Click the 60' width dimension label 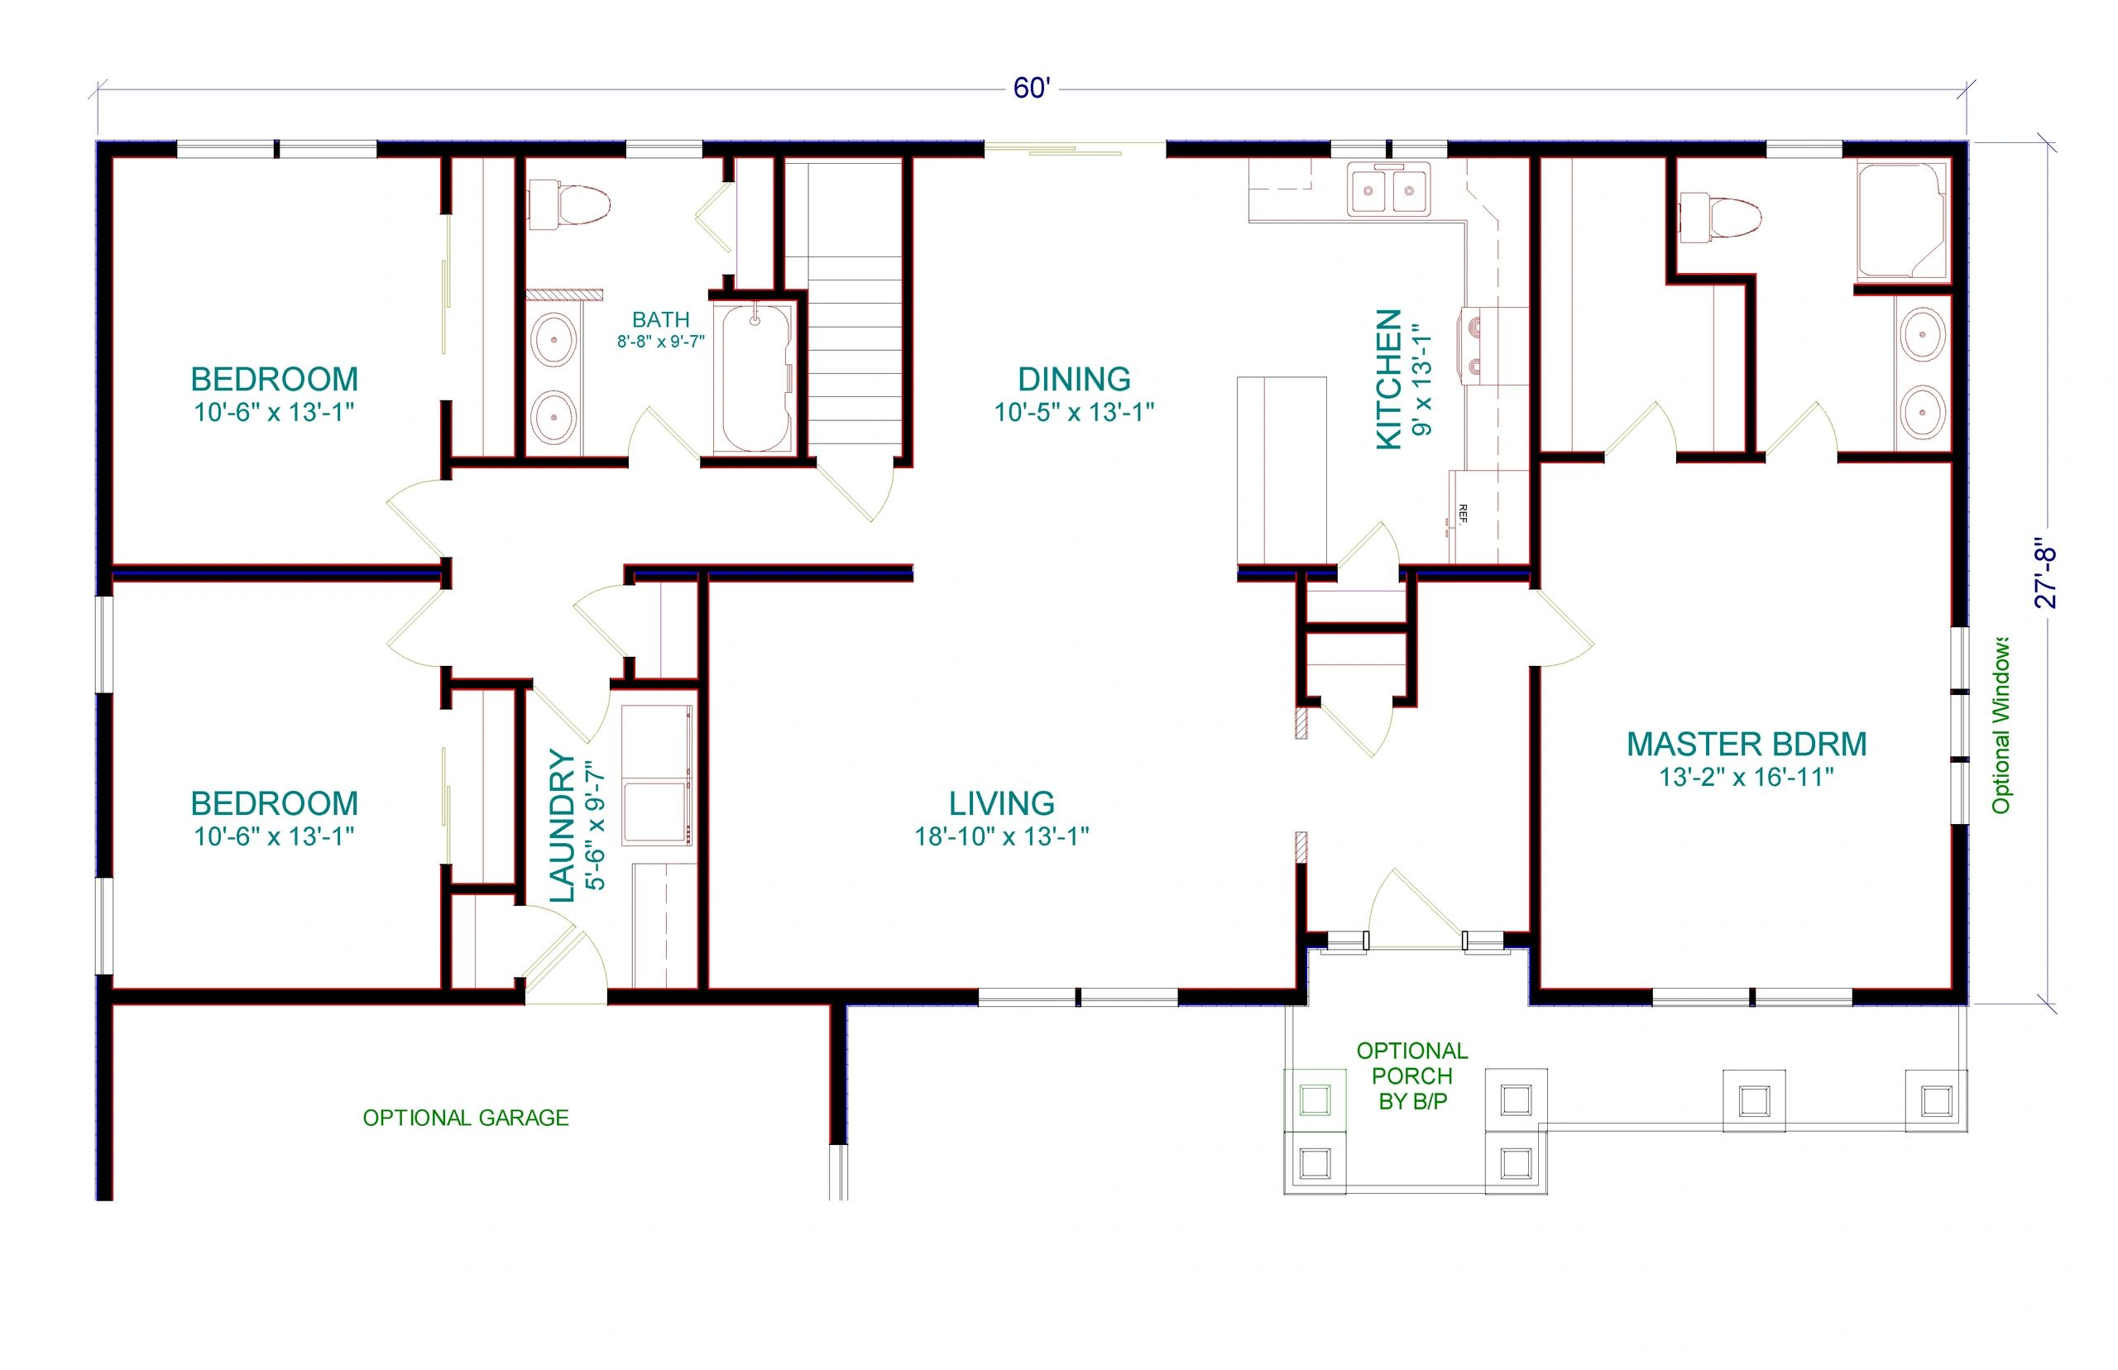coord(1031,88)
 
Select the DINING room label coord(1074,379)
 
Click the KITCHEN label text coord(1388,379)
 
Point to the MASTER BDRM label coord(1747,744)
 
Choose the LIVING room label coord(1002,803)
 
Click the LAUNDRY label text coord(563,826)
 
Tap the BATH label coord(661,319)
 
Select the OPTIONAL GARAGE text coord(465,1118)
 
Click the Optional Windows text coord(2001,724)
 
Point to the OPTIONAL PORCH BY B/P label coord(1411,1075)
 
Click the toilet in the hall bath coord(569,205)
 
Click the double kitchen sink coord(1388,189)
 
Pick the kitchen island coord(1281,471)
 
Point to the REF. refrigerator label coord(1463,513)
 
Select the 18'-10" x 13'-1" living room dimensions coord(1002,836)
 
